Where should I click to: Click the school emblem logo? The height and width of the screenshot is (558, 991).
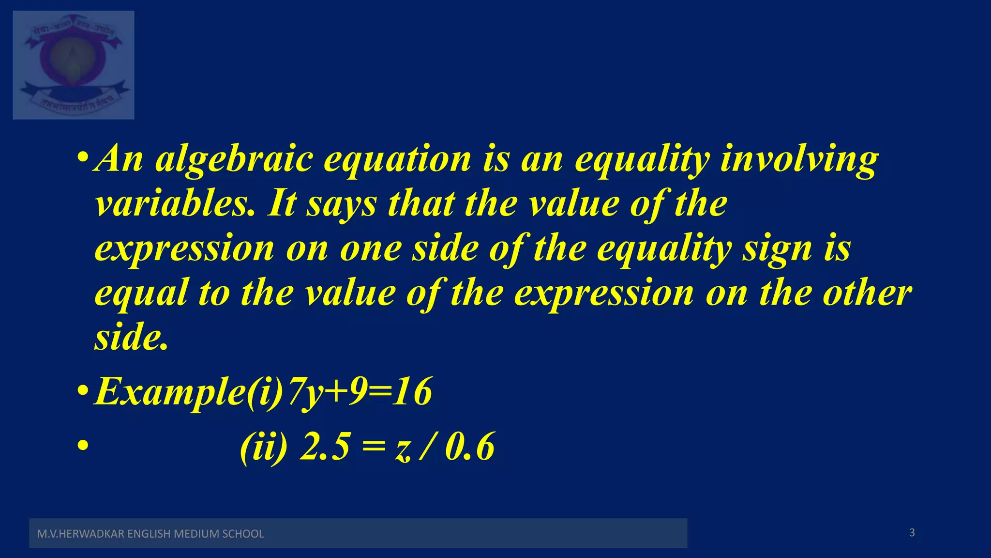(74, 65)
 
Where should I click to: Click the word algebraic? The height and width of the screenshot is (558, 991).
(234, 159)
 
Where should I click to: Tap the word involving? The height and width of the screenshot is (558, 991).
(799, 159)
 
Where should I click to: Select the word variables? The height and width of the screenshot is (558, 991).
(174, 203)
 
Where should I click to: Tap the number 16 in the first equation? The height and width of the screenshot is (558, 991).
(412, 391)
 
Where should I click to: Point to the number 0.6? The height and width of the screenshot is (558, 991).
(470, 446)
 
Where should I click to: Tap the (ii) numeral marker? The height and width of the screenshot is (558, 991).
(264, 446)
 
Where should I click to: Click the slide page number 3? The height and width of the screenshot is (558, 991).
(912, 533)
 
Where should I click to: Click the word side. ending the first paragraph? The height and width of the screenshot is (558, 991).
(131, 337)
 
